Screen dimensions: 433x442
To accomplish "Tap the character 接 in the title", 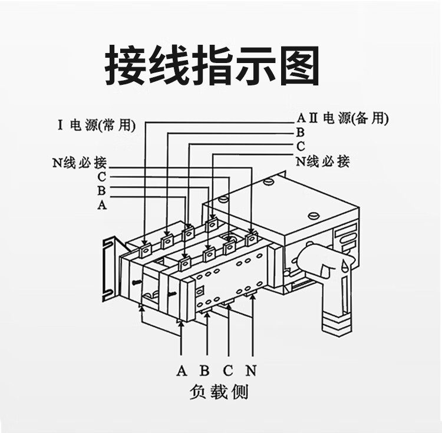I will [126, 66].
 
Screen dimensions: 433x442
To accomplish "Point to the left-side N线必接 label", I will [79, 162].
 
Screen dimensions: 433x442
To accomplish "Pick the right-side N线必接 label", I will [322, 160].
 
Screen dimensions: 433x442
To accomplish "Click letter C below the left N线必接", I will [102, 177].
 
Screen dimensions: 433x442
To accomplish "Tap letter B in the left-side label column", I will [102, 191].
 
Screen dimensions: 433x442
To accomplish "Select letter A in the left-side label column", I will [102, 205].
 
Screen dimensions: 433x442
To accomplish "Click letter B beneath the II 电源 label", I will [300, 132].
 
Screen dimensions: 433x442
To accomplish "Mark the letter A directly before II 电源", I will [299, 118].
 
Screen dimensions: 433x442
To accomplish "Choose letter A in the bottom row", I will [182, 371].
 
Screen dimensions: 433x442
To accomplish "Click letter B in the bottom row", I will [204, 371].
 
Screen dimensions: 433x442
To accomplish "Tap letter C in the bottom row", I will [228, 371].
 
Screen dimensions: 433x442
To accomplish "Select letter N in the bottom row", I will [252, 371].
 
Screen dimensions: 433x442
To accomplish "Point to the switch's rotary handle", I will [321, 262].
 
